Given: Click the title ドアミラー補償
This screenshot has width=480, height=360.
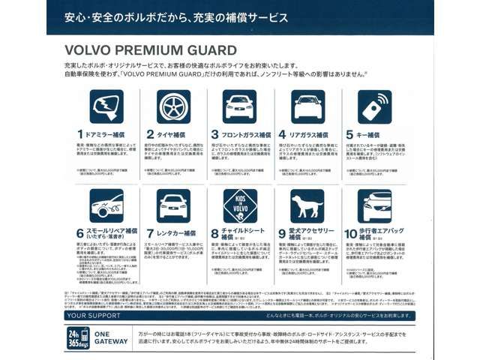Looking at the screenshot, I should pos(106,135).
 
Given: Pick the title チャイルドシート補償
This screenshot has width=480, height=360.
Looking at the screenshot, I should pos(244,233).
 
